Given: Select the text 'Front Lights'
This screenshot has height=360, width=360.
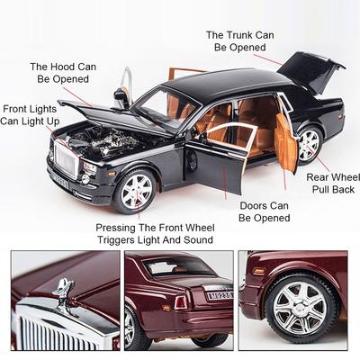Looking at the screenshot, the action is point(30,109).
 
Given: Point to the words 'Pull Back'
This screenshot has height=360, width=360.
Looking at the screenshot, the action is point(333,190).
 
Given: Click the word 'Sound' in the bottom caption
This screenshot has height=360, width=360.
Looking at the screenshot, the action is point(198,240).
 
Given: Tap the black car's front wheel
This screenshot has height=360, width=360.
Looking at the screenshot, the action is point(137,191).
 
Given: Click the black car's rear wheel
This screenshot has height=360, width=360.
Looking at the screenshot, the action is point(309,145).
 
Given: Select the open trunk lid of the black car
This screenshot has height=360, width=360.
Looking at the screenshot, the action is point(310,71).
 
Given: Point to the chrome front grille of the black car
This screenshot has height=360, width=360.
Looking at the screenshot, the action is point(66,159).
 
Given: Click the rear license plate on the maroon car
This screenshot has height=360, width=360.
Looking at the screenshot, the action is point(220,296).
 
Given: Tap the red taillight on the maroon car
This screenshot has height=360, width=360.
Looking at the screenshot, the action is point(181,302).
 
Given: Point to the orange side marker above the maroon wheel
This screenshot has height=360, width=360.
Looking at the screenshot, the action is point(258,271).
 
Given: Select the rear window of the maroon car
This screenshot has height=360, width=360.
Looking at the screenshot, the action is point(178,266).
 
